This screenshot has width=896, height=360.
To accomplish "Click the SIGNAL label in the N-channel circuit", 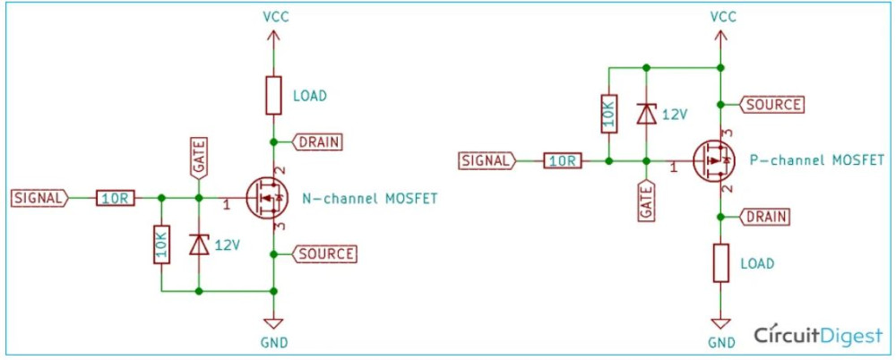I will click(38, 198).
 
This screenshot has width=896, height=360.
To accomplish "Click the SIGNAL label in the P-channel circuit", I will click(487, 161).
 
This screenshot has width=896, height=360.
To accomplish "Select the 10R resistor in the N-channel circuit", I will click(116, 198).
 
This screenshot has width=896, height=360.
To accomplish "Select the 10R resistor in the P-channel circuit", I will click(563, 161).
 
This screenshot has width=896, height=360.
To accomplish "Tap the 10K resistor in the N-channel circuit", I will click(161, 244).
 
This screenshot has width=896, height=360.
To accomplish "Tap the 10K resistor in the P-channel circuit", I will click(608, 114).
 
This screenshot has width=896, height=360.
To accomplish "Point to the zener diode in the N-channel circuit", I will click(199, 244).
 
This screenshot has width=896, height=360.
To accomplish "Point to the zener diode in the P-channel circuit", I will click(646, 114).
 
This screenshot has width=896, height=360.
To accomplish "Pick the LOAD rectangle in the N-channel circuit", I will click(274, 95).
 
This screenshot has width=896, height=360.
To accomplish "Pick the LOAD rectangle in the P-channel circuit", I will click(721, 264).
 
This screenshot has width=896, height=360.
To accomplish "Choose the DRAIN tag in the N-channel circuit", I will click(318, 141).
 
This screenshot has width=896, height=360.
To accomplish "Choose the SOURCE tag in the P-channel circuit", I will click(770, 105).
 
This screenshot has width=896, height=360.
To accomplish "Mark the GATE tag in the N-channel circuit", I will click(199, 158).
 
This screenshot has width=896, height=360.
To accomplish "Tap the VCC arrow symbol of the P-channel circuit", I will click(721, 37).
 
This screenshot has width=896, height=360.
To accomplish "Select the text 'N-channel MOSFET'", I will click(370, 198).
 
